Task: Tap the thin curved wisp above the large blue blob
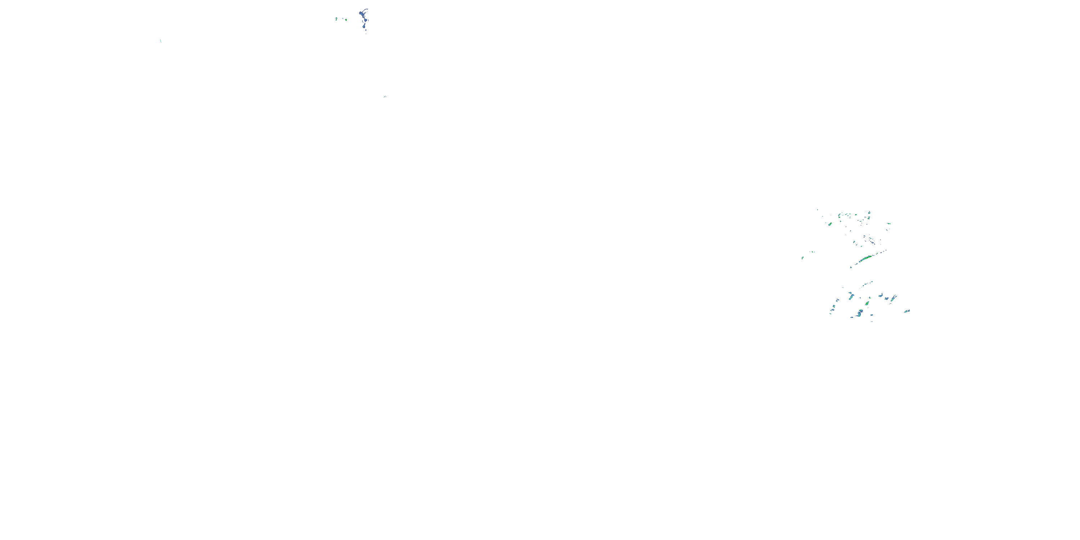click(366, 9)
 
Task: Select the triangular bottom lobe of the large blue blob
click(364, 27)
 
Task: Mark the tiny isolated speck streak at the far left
click(161, 41)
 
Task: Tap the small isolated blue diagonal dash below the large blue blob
click(385, 97)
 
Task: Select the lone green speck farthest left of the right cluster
click(802, 258)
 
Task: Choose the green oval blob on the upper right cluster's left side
click(830, 224)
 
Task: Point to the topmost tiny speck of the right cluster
click(818, 210)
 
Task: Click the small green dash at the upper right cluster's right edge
click(889, 224)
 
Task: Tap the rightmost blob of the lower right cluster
click(907, 311)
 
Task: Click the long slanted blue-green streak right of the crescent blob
click(894, 298)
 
